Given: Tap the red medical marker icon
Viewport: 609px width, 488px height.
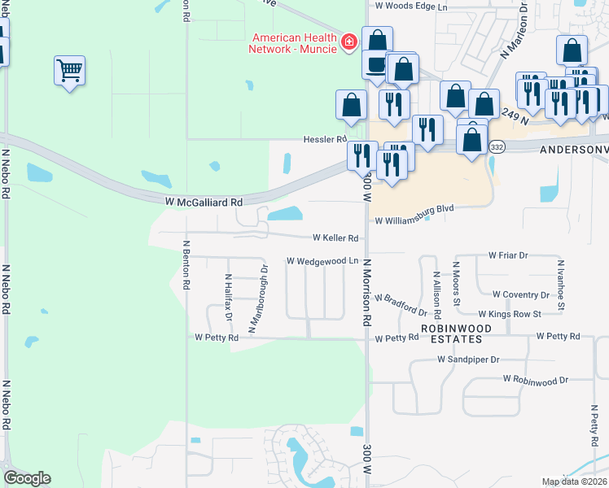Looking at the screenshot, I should tap(348, 41).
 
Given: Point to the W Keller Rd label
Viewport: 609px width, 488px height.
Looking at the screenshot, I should tap(336, 238).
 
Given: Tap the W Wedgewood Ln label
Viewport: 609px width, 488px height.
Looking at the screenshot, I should tap(322, 261).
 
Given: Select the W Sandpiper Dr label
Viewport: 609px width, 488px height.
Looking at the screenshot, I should tap(468, 358).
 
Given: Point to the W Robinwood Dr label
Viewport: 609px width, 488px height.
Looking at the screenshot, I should tap(535, 380).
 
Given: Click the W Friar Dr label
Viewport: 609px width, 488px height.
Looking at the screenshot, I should tap(508, 255).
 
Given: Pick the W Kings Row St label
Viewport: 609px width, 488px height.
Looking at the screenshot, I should tap(510, 314).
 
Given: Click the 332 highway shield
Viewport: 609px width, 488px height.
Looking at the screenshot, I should tap(497, 147).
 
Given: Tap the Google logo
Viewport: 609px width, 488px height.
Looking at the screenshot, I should tap(28, 478).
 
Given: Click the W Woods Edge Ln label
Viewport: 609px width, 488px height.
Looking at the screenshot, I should tap(411, 6).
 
